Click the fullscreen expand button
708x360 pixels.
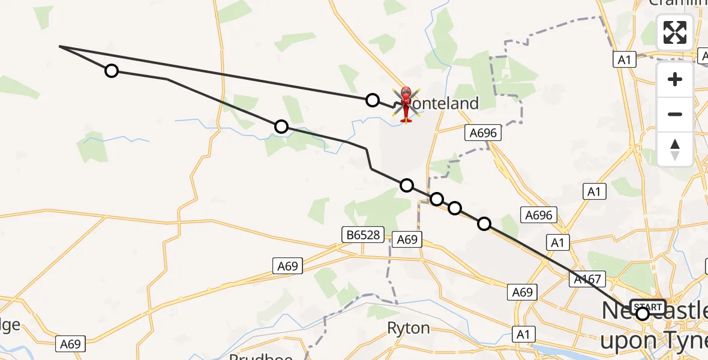click(x=675, y=32)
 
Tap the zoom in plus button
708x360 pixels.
click(x=675, y=80)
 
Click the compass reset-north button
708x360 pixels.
click(x=675, y=149)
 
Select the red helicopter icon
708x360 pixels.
click(x=406, y=104)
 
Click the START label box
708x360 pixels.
click(x=647, y=307)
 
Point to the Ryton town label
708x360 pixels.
click(x=408, y=328)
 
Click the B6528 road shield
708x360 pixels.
click(x=363, y=235)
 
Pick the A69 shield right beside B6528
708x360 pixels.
click(x=407, y=239)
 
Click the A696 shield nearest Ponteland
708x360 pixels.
click(x=483, y=133)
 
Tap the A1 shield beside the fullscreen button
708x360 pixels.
click(x=625, y=59)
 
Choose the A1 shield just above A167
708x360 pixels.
click(x=558, y=242)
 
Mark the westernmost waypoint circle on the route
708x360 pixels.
click(x=112, y=71)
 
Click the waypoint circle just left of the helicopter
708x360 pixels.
click(x=373, y=100)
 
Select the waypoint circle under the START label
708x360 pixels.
click(x=643, y=314)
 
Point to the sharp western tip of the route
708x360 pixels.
click(x=60, y=46)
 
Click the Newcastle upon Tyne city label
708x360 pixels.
click(x=654, y=325)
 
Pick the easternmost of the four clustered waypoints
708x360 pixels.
click(x=484, y=224)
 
